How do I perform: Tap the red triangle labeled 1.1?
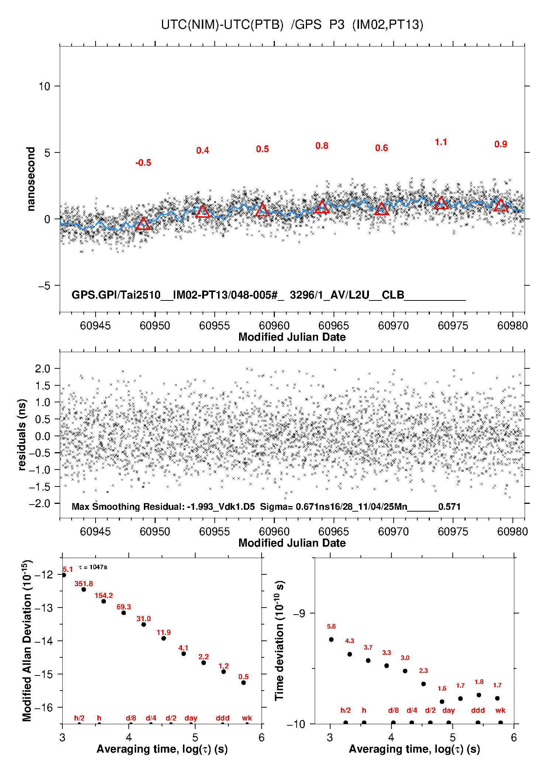coord(441,203)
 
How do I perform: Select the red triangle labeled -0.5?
coord(143,224)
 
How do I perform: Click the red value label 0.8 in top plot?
coord(322,146)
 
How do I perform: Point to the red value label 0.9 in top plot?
coord(501,144)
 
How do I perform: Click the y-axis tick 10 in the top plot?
coord(44,86)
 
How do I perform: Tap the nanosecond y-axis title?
coord(31,179)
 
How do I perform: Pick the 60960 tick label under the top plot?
coord(274,326)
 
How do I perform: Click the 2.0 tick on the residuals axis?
coord(42,368)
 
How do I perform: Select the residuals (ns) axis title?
coord(22,435)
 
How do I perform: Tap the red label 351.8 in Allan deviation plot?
coord(84,584)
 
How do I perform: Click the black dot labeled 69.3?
coord(124,613)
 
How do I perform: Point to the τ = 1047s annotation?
coord(93,567)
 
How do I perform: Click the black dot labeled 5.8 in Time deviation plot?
coord(331,639)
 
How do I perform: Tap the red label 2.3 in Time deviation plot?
coord(423,671)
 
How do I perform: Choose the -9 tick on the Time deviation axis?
coord(299,613)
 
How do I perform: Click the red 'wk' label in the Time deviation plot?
coord(500,710)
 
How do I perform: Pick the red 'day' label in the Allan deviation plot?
coord(191,718)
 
